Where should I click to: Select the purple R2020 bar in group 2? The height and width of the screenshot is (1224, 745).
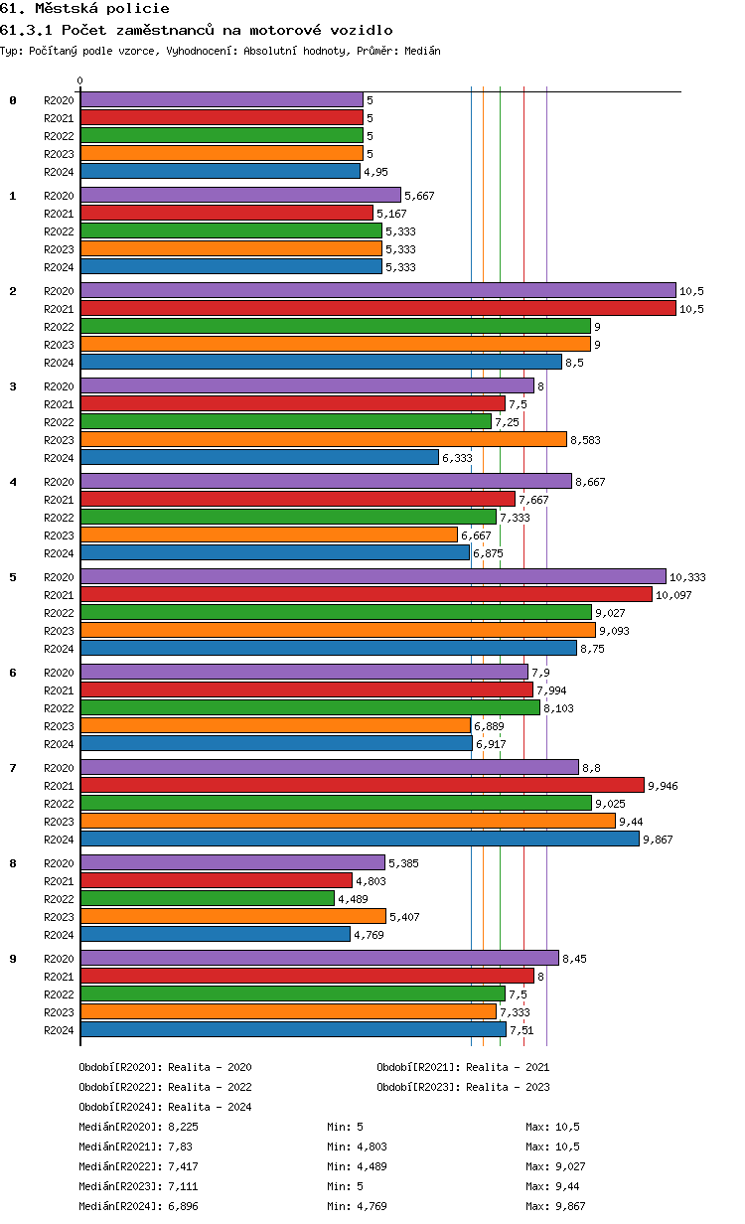click(x=377, y=291)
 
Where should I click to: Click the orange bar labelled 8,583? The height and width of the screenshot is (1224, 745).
click(x=323, y=440)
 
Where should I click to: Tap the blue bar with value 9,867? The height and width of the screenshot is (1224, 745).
click(x=360, y=840)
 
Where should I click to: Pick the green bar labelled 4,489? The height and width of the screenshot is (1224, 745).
click(x=207, y=899)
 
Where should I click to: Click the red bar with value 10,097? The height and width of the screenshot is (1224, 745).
click(x=366, y=595)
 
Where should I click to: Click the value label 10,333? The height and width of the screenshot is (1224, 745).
click(x=687, y=577)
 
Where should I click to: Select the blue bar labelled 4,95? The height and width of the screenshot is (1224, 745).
click(x=220, y=172)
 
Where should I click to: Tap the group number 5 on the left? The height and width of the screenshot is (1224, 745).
click(x=13, y=577)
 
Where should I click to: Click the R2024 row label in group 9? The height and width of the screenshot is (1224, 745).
click(x=60, y=1030)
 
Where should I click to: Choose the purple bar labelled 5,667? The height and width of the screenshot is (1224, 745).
click(x=240, y=196)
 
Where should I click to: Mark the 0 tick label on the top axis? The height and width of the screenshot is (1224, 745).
click(x=80, y=81)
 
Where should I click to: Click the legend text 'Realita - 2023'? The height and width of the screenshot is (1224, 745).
click(x=508, y=1087)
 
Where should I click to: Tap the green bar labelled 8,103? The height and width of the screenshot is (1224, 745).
click(x=310, y=708)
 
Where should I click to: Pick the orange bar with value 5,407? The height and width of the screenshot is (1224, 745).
click(x=232, y=917)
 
